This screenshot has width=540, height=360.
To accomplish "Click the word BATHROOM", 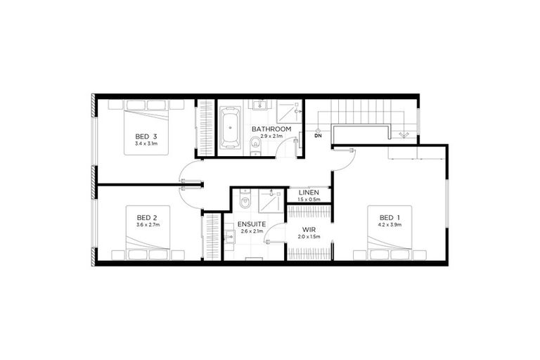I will [x=272, y=129].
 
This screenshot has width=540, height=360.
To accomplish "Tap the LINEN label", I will [x=309, y=193].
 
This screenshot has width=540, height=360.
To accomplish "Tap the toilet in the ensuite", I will [x=244, y=203].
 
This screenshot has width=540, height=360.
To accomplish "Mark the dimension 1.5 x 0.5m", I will [x=309, y=200].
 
